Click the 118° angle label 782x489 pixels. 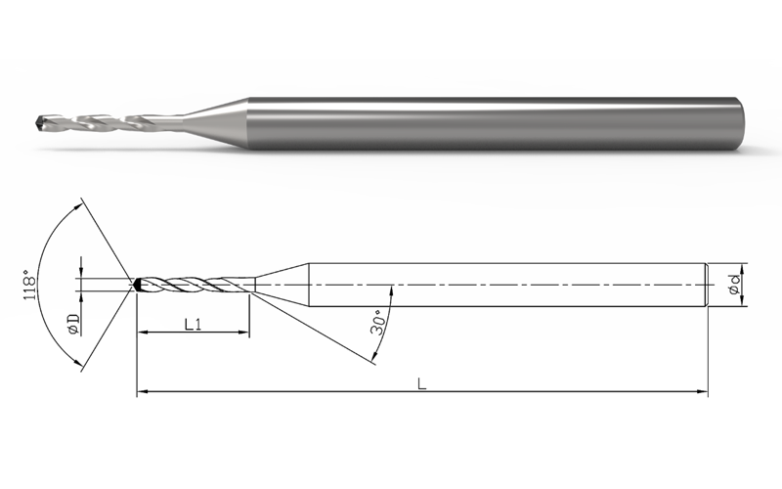tap(30, 285)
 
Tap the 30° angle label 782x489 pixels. tap(378, 323)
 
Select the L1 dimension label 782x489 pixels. tap(193, 325)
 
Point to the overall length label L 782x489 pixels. tap(422, 383)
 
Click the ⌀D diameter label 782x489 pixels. tap(74, 324)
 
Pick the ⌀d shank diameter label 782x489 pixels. tap(735, 285)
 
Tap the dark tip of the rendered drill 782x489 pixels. tap(41, 120)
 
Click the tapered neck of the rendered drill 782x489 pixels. tap(213, 120)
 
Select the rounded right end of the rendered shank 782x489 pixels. tap(740, 123)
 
